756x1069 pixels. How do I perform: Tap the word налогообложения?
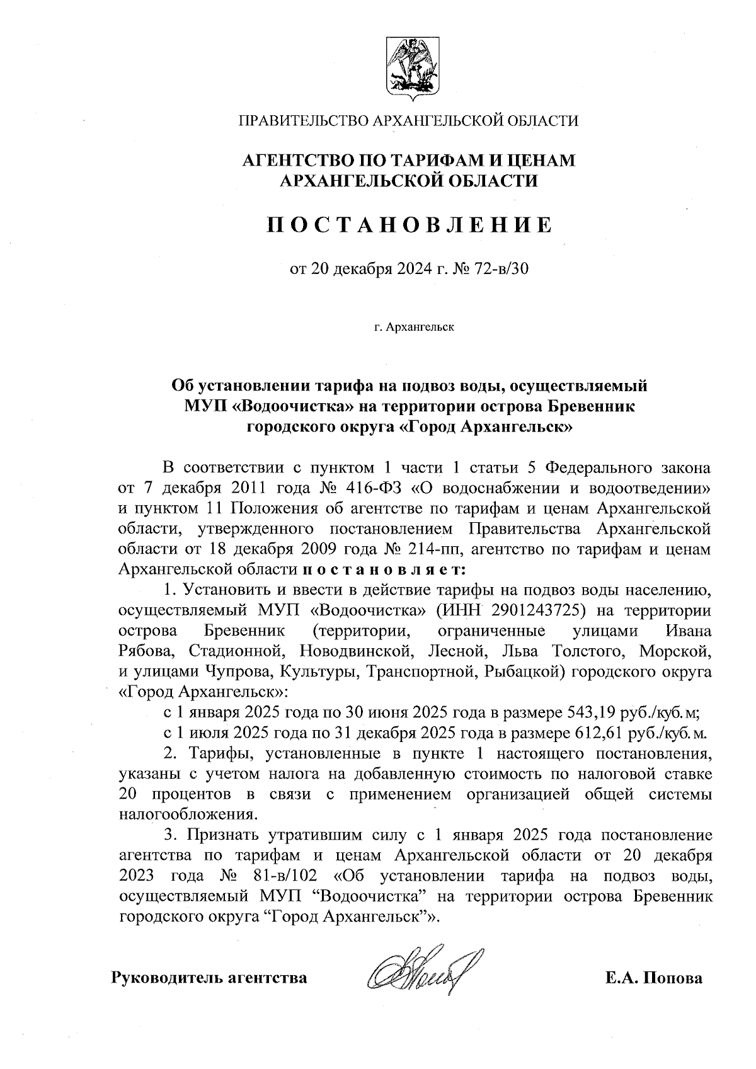click(x=187, y=814)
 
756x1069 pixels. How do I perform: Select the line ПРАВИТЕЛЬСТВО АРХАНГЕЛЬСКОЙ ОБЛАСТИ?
click(x=407, y=120)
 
